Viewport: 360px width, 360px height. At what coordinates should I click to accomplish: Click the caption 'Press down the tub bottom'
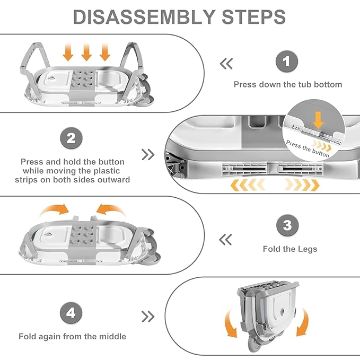tap(288, 84)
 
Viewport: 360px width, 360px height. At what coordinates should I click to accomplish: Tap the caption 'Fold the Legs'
tap(290, 249)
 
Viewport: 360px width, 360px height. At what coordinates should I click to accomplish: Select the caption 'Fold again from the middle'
tap(73, 336)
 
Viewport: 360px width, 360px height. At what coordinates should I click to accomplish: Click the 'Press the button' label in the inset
tap(308, 149)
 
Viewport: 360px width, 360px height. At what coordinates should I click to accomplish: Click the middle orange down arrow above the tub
tap(87, 52)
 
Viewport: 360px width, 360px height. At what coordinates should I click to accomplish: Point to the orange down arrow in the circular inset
tap(318, 120)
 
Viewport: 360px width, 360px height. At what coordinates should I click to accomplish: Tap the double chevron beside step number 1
tap(226, 64)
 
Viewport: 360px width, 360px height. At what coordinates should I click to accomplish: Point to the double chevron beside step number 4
tap(148, 317)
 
